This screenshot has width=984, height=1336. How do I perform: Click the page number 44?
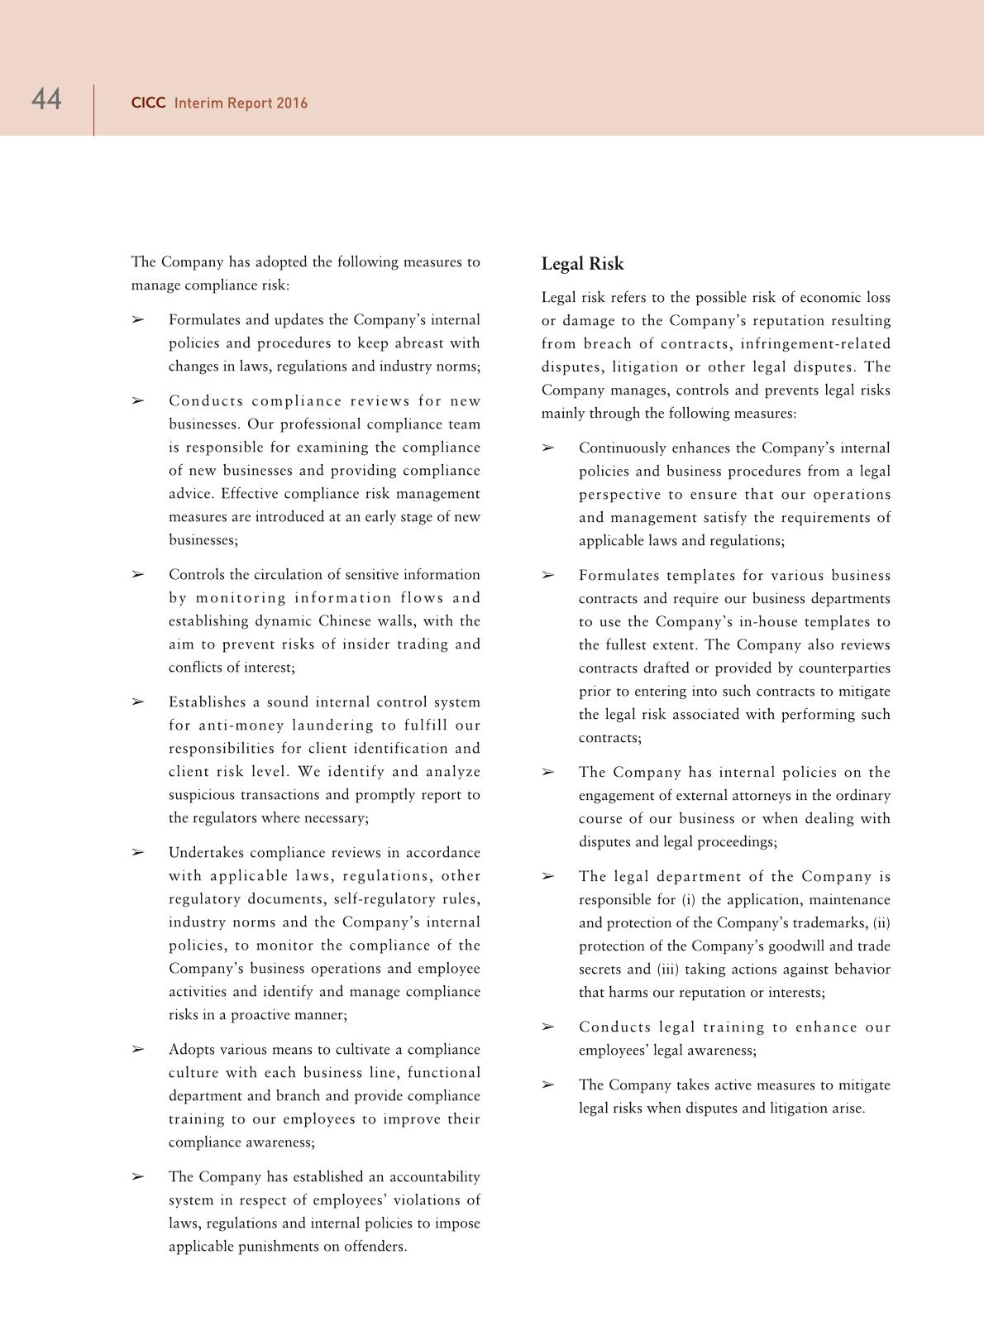(46, 100)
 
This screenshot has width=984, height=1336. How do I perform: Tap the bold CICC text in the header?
(148, 103)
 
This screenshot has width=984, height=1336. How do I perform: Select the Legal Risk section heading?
(582, 264)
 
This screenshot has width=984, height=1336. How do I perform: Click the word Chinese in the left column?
(345, 621)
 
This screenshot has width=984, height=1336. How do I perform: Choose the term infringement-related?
(815, 344)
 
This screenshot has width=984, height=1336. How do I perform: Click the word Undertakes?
(207, 853)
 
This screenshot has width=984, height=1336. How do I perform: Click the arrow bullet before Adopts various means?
(137, 1050)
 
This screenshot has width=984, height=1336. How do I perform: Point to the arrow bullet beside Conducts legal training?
(547, 1027)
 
